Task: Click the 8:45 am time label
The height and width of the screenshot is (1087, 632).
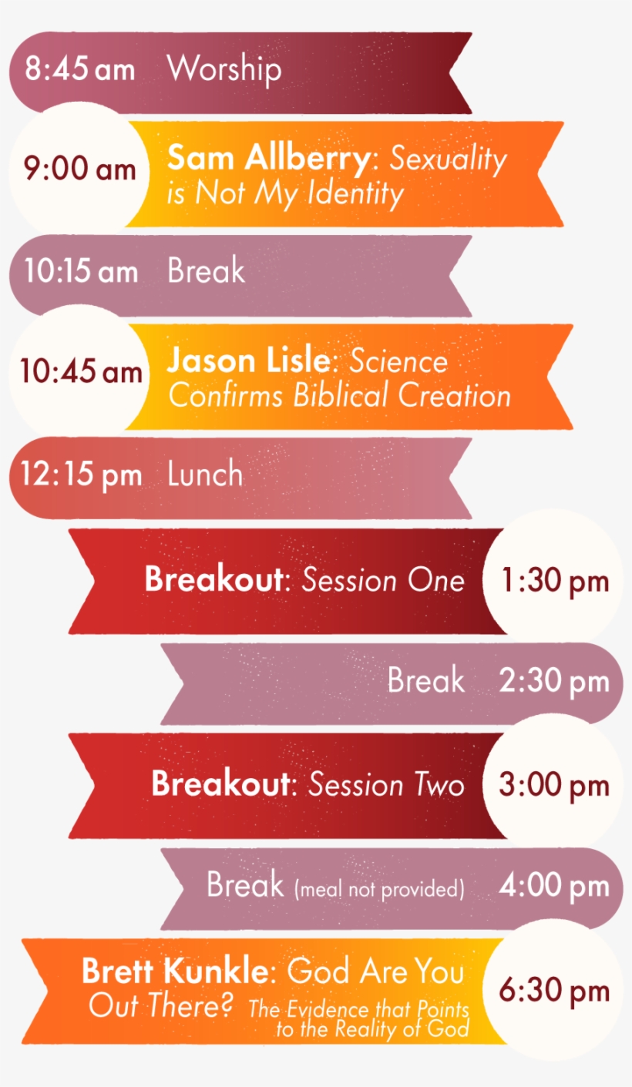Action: (x=79, y=69)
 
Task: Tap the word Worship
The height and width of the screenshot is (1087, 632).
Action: (x=224, y=69)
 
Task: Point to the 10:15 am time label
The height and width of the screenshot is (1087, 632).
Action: (x=81, y=272)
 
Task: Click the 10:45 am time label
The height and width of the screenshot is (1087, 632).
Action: (x=81, y=372)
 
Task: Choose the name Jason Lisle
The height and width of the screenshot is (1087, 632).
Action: (x=254, y=361)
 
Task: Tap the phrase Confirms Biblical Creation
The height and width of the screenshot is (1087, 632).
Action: (x=339, y=395)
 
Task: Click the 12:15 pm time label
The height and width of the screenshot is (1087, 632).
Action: (x=81, y=475)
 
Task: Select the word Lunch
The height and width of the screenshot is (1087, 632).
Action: (x=205, y=475)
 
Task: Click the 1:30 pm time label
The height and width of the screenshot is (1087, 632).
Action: (x=555, y=581)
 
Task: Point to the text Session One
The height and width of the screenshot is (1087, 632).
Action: (x=383, y=580)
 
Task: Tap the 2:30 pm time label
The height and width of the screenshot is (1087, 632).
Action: (x=553, y=682)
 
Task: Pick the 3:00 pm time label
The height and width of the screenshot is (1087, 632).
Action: (x=553, y=785)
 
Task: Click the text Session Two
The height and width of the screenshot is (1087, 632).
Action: (x=386, y=785)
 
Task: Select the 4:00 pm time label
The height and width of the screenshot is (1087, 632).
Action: (x=553, y=886)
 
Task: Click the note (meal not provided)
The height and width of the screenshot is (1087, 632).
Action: (x=379, y=890)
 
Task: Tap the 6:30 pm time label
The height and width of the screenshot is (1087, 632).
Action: (x=553, y=991)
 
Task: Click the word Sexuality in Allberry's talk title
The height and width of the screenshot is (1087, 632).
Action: (x=449, y=159)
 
